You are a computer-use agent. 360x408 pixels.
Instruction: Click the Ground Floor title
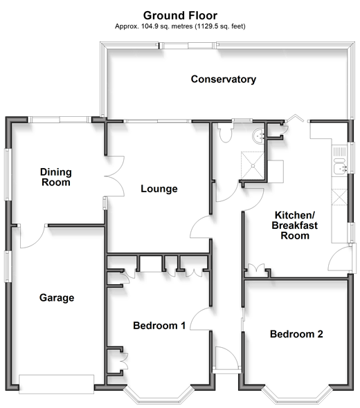point(180,16)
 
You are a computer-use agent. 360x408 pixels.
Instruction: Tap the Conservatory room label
point(224,79)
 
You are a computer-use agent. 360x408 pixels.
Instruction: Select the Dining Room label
point(56,177)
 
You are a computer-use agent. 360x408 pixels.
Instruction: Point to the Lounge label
point(159,189)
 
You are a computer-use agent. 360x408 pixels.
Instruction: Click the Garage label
point(57,297)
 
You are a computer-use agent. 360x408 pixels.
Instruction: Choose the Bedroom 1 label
point(159,326)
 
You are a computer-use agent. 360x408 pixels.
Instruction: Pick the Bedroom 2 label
point(296,334)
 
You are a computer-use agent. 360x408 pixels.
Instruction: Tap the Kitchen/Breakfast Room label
point(295,225)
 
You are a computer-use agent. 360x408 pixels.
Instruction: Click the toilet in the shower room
point(225,132)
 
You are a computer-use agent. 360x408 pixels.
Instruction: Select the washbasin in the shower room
point(258,136)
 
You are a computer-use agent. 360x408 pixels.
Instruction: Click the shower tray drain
point(253,166)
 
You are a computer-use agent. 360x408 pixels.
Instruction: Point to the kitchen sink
point(340,166)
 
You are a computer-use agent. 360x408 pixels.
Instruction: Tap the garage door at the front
point(56,384)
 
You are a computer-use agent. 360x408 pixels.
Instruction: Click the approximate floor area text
point(180,26)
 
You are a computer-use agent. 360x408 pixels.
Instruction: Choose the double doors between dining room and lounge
point(115,176)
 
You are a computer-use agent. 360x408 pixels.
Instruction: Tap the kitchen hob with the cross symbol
point(339,197)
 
